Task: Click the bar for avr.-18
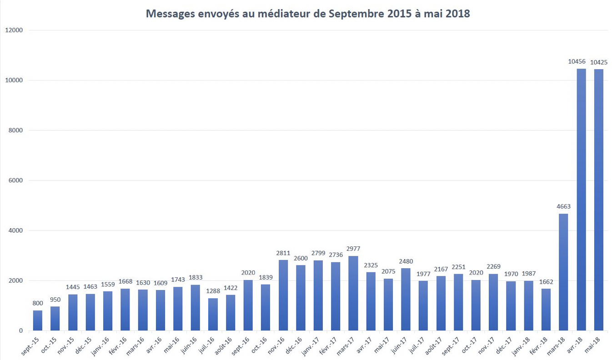581,200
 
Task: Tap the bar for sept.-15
38,320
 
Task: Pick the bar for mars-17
353,293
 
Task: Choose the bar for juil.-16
213,314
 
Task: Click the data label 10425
599,62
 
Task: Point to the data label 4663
563,206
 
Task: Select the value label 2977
353,249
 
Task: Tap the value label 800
38,303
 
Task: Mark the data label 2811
283,253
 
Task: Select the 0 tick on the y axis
20,331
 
